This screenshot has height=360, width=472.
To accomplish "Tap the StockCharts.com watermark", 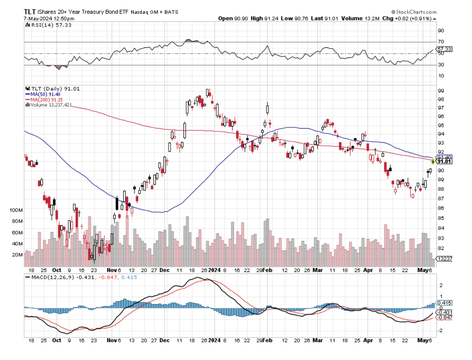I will pyautogui.click(x=413, y=12).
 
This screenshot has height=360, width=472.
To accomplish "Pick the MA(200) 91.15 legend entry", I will pyautogui.click(x=45, y=99).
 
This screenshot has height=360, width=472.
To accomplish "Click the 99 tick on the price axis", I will pyautogui.click(x=440, y=91).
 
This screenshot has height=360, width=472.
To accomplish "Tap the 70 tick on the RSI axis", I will pyautogui.click(x=440, y=42).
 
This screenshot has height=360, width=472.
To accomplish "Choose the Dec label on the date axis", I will pyautogui.click(x=165, y=271).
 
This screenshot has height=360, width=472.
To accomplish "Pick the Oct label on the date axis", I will pyautogui.click(x=57, y=271).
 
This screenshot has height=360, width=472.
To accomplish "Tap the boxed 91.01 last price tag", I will pyautogui.click(x=444, y=162).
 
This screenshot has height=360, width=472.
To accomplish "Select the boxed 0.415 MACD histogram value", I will pyautogui.click(x=444, y=303).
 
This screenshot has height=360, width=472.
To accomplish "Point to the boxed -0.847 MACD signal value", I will pyautogui.click(x=444, y=317).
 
